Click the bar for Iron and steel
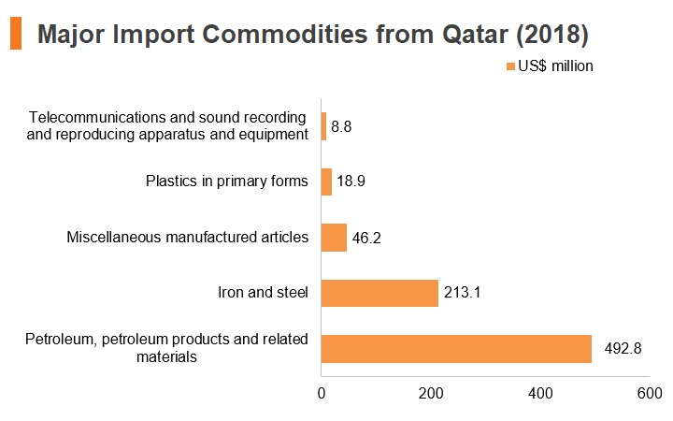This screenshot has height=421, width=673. pyautogui.click(x=379, y=293)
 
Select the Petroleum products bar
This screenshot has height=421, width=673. pyautogui.click(x=456, y=349)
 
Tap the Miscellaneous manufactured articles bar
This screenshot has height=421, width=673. pyautogui.click(x=334, y=238)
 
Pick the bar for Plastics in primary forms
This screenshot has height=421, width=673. pyautogui.click(x=326, y=181)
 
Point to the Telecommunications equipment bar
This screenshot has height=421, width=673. pyautogui.click(x=324, y=126)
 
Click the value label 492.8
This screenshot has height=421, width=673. pyautogui.click(x=623, y=348)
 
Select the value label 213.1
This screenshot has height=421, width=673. pyautogui.click(x=462, y=293)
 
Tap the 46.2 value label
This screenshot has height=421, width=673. pyautogui.click(x=366, y=238)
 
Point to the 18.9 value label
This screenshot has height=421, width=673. pyautogui.click(x=351, y=181)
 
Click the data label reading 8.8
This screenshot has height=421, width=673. pyautogui.click(x=341, y=126)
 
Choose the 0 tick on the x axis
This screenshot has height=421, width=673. pyautogui.click(x=322, y=394)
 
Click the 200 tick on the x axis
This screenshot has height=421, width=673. pyautogui.click(x=431, y=394)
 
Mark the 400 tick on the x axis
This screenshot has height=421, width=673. pyautogui.click(x=540, y=394)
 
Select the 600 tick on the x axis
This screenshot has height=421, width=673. pyautogui.click(x=650, y=394)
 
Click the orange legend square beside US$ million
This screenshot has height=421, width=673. pyautogui.click(x=510, y=66)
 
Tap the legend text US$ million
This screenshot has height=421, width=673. pyautogui.click(x=555, y=66)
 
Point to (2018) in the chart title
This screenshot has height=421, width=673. pyautogui.click(x=552, y=35)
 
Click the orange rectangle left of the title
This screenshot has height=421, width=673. pyautogui.click(x=16, y=33)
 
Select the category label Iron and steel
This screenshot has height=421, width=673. pyautogui.click(x=263, y=293)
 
